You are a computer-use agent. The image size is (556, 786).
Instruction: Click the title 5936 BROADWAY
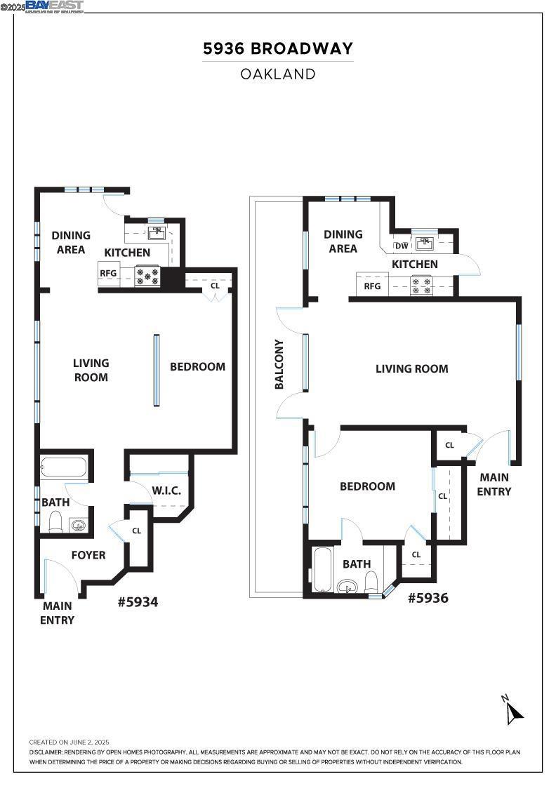[278, 49]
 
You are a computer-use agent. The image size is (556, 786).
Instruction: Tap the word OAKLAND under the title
[278, 74]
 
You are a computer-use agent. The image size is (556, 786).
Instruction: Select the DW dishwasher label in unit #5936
[402, 246]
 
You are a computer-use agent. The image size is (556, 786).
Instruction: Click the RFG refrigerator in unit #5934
[108, 274]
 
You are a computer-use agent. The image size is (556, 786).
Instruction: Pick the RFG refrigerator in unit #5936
[372, 286]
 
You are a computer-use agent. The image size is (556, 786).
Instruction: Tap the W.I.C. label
[166, 491]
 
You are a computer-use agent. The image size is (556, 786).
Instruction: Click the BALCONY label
[279, 364]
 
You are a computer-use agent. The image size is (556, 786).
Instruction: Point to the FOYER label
[88, 555]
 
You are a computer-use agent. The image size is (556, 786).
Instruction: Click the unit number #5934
[138, 601]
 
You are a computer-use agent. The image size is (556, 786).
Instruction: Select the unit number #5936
[428, 598]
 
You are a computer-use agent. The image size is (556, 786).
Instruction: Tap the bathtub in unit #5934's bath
[64, 467]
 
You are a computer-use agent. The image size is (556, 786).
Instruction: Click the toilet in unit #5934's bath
[56, 521]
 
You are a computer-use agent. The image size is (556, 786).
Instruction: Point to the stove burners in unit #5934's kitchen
[148, 276]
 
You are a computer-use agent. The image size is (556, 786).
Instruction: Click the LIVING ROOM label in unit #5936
[411, 369]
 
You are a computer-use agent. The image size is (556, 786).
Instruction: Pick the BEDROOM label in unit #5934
[197, 366]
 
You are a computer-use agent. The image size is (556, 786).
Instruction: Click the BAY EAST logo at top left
[55, 6]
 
